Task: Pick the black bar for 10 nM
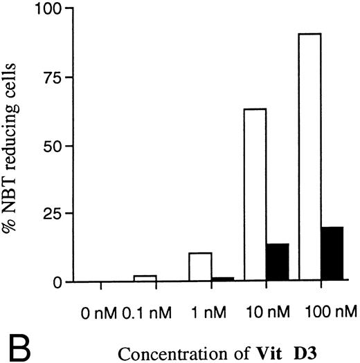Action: (x=277, y=263)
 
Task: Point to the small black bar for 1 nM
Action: (x=222, y=279)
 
